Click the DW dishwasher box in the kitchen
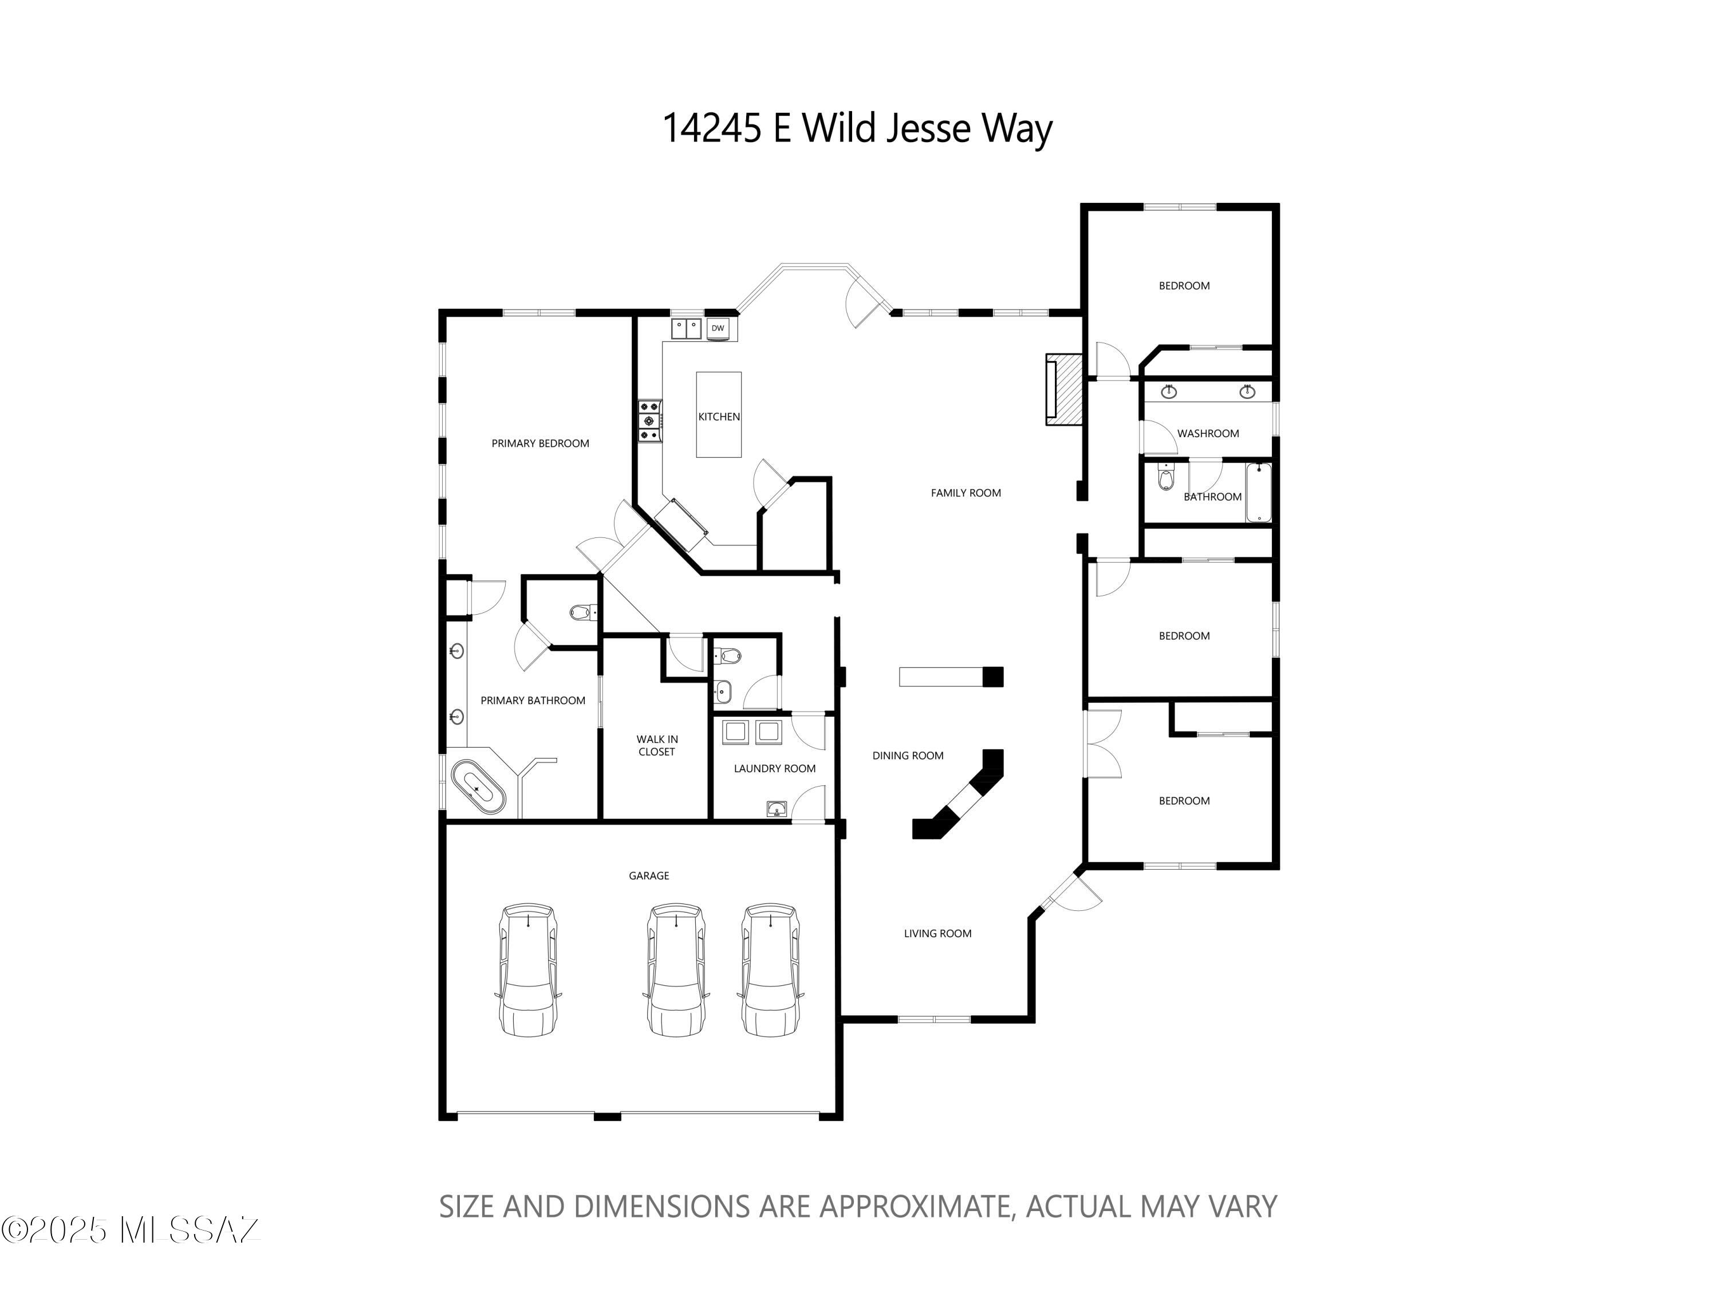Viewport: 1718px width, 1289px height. pos(718,328)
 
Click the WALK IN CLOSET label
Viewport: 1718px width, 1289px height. pos(657,745)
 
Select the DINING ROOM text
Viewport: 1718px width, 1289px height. pos(907,755)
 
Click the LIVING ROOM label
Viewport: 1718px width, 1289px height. pos(937,933)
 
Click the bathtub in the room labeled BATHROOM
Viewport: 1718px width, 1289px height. pos(1258,493)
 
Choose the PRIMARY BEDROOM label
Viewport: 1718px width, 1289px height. pos(540,443)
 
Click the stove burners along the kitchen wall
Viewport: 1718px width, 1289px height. pos(649,421)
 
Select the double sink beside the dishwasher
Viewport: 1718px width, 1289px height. pos(686,328)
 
